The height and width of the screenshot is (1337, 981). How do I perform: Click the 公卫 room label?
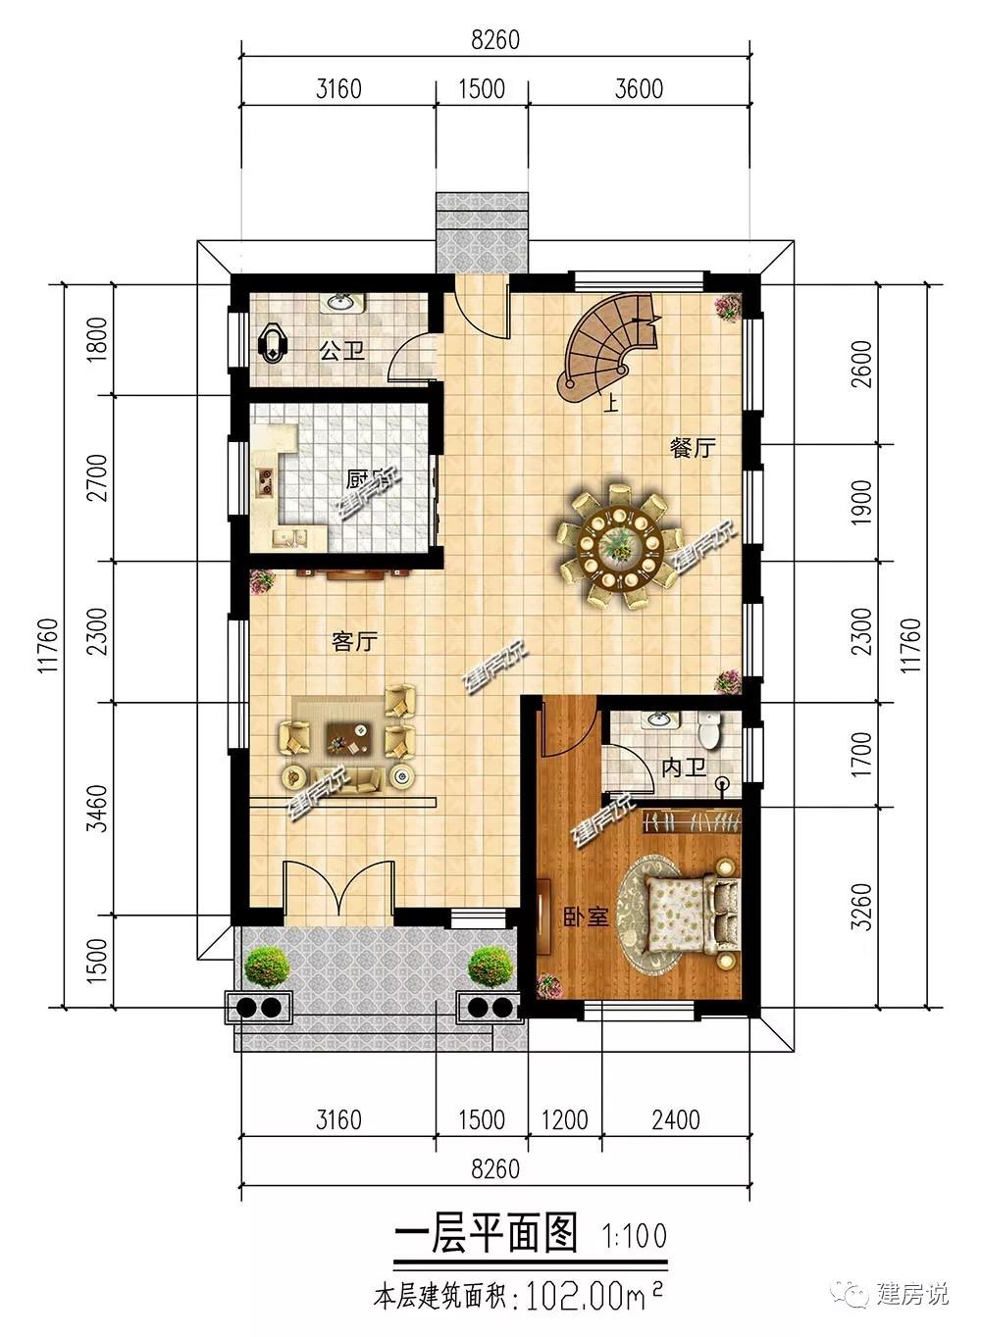[x=342, y=350]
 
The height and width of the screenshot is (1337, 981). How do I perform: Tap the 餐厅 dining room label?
[x=693, y=448]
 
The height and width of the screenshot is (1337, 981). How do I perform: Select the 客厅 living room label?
[x=354, y=642]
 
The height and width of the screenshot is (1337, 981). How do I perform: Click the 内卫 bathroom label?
[x=684, y=768]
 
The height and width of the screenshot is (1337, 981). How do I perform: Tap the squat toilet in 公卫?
[x=274, y=345]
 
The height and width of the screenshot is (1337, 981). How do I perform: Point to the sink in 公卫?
[x=341, y=303]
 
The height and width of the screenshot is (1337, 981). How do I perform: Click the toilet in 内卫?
[x=710, y=729]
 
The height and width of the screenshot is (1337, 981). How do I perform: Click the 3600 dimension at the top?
[x=639, y=89]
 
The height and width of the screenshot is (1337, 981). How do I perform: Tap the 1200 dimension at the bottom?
[x=565, y=1119]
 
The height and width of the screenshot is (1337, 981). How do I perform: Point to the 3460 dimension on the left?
[x=97, y=808]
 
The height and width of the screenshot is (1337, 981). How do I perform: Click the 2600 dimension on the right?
[x=861, y=364]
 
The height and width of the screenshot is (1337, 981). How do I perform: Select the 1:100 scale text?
[x=634, y=1235]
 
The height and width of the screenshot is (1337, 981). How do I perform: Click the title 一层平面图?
[x=486, y=1233]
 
